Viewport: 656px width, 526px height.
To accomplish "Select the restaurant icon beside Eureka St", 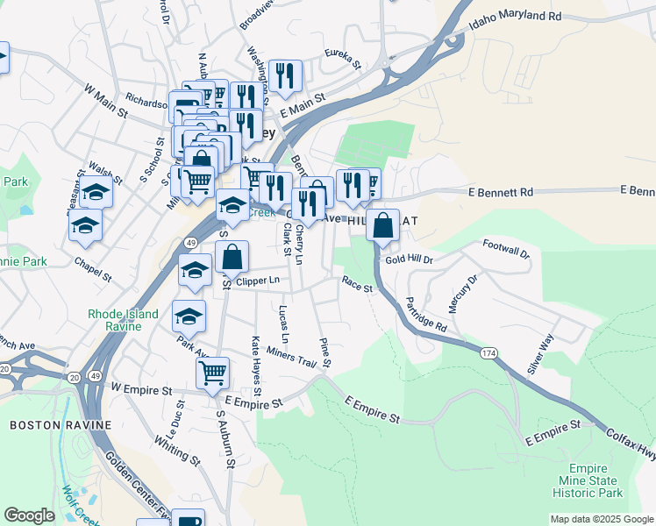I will [x=285, y=77].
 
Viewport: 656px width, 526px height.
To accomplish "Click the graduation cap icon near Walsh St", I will [x=96, y=192].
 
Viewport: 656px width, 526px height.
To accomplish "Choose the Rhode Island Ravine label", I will [x=123, y=320].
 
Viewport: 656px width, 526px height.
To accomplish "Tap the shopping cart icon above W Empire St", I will [x=212, y=373].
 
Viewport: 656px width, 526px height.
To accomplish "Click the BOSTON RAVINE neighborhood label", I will [x=61, y=425].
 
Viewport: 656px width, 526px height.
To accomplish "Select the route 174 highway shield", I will [x=488, y=352].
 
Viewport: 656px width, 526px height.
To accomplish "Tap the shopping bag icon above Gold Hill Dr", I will [x=383, y=225].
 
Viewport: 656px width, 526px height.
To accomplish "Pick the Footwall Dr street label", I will [x=506, y=248].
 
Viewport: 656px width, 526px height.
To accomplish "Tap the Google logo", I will [x=29, y=515].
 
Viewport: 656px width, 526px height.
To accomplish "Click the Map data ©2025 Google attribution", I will [x=602, y=519].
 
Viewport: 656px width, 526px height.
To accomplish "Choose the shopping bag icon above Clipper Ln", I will [x=232, y=258].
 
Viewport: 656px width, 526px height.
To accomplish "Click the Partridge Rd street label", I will [x=426, y=314].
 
